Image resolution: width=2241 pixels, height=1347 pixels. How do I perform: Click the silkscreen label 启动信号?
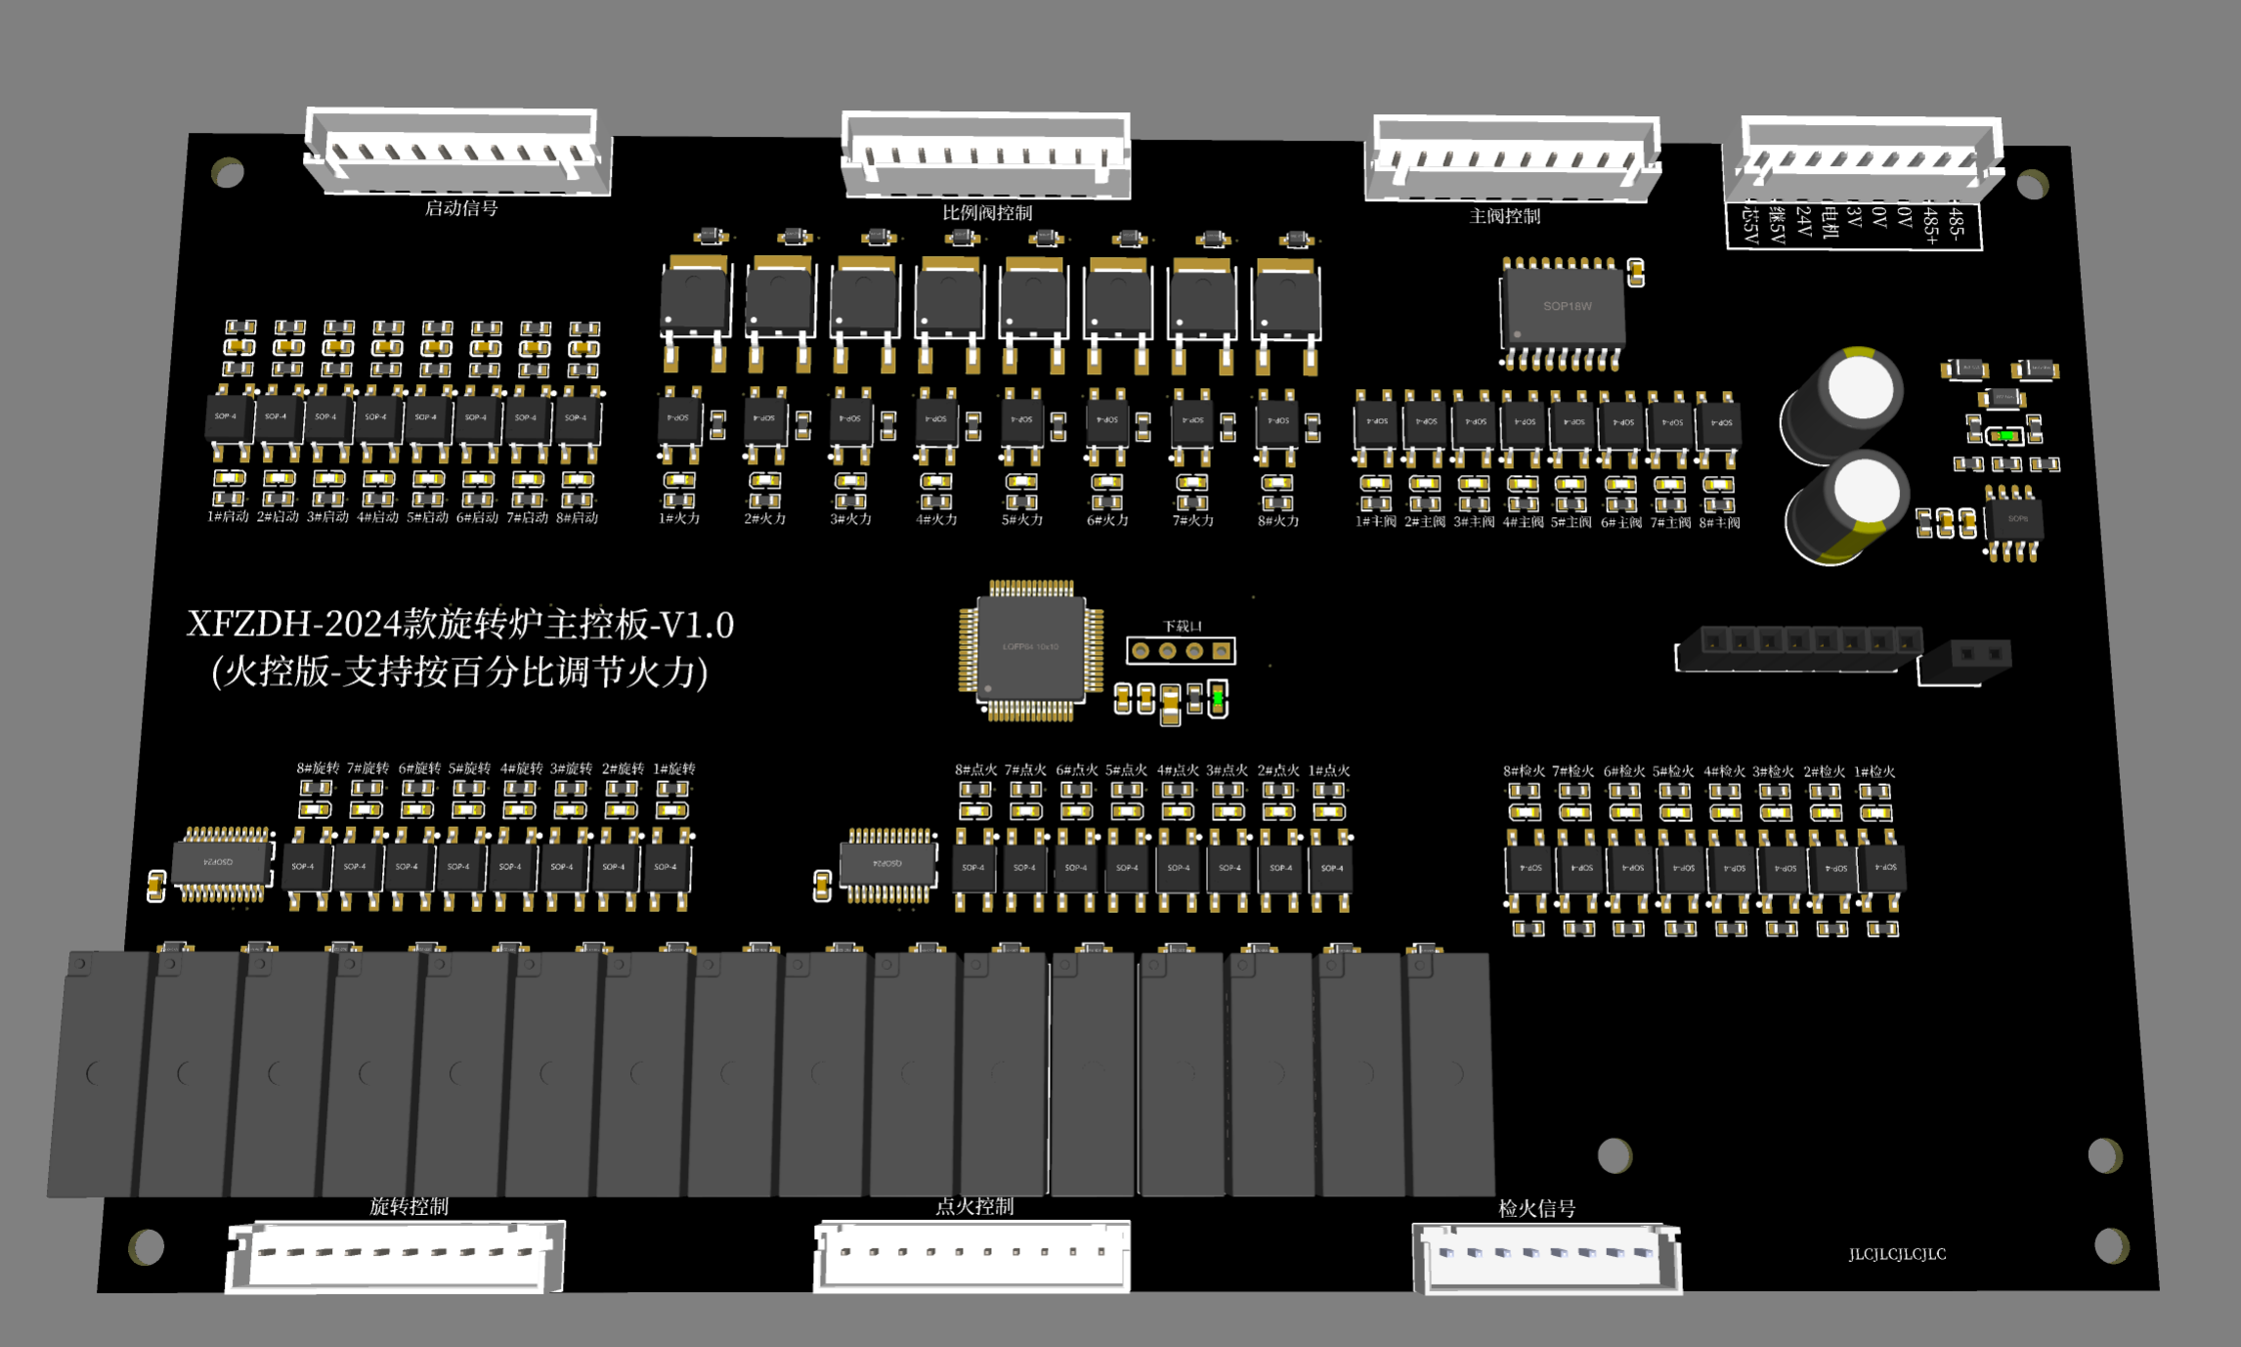[x=461, y=208]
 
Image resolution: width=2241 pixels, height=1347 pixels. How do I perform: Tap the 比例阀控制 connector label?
[x=987, y=213]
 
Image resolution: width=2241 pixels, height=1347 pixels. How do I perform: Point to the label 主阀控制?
[x=1505, y=216]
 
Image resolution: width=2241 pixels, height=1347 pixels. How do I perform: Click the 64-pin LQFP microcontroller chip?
[x=1031, y=648]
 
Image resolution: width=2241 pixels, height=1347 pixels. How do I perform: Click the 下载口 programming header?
[x=1181, y=651]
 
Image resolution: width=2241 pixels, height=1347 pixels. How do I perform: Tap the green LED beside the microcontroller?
[x=1218, y=698]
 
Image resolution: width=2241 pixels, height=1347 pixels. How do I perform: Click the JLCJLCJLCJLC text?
[x=1897, y=1254]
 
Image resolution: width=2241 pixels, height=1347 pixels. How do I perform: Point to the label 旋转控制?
[x=409, y=1207]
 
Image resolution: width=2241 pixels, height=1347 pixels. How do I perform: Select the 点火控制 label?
[x=974, y=1207]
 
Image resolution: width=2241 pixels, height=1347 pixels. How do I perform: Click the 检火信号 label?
[x=1536, y=1209]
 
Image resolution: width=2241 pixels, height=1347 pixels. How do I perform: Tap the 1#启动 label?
[x=228, y=517]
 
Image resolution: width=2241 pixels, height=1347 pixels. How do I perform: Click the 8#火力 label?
[x=1278, y=521]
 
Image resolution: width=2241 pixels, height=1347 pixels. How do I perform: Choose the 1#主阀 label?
[x=1375, y=523]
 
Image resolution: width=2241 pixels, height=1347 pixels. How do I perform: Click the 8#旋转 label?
[x=318, y=768]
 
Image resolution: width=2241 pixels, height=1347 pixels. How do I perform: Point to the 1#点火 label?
[x=1329, y=770]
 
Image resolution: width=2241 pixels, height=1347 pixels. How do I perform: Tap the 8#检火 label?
[x=1524, y=771]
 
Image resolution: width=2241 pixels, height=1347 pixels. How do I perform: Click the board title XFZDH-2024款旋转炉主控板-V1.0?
[x=460, y=625]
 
